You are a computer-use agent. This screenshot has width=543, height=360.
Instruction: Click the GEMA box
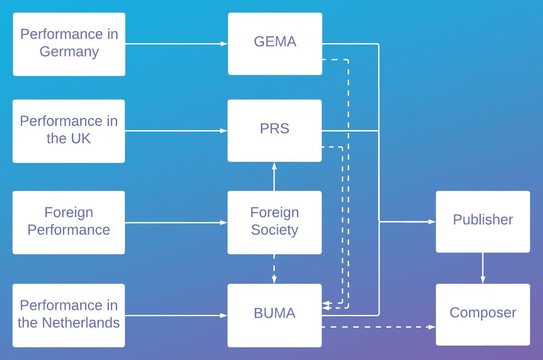275,44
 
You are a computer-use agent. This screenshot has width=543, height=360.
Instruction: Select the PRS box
275,131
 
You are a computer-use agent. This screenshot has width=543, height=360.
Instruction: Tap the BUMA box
275,315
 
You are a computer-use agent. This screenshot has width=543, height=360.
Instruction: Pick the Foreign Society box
275,222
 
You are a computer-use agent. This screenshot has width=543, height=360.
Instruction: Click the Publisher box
483,222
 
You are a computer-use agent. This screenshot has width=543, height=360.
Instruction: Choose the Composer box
483,315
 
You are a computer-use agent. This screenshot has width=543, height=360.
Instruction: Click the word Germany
69,52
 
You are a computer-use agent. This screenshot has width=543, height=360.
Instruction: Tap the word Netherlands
81,323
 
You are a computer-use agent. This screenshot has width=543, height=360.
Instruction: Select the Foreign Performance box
69,222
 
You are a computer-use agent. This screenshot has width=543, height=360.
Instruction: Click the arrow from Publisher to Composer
483,268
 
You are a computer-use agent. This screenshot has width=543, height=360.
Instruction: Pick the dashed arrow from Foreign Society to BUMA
274,269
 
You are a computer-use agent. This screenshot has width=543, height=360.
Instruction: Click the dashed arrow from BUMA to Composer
378,327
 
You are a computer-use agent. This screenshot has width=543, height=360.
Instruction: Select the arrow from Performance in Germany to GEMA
176,44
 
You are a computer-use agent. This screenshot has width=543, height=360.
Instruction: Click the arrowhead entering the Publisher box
432,222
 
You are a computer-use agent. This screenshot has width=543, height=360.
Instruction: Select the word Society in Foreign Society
275,230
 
